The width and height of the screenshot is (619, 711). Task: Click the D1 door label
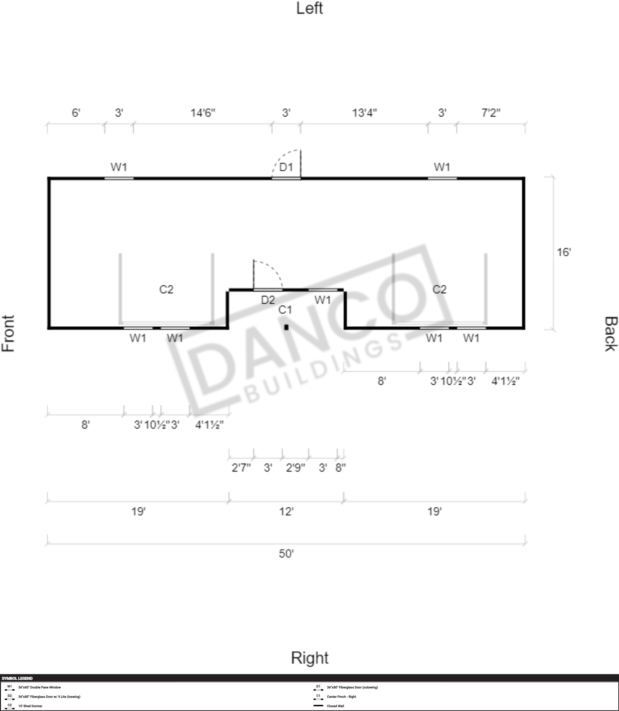[286, 167]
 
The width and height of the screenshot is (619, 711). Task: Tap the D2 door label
[268, 300]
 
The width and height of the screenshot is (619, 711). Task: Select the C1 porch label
[285, 310]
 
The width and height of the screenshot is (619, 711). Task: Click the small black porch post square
[286, 327]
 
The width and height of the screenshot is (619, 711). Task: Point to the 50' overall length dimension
[286, 554]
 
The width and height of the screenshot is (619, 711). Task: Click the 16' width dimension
[564, 252]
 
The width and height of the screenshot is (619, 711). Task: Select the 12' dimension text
[286, 511]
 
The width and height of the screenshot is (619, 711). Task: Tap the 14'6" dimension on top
[203, 113]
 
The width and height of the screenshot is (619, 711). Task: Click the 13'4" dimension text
[364, 113]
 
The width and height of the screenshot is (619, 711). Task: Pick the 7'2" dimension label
[491, 113]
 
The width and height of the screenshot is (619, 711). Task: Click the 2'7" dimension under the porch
[241, 468]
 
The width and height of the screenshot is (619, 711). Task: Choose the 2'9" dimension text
[295, 468]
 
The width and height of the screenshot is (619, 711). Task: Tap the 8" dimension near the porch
[341, 468]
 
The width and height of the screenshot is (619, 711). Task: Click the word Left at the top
[310, 8]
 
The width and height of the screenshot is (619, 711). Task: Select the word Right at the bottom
[310, 658]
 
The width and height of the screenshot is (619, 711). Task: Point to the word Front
[8, 333]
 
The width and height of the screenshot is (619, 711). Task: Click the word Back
[610, 334]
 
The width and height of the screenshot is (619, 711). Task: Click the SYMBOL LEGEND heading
[17, 678]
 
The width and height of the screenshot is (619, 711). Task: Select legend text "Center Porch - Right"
[341, 696]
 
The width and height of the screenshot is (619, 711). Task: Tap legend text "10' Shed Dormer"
[30, 706]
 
